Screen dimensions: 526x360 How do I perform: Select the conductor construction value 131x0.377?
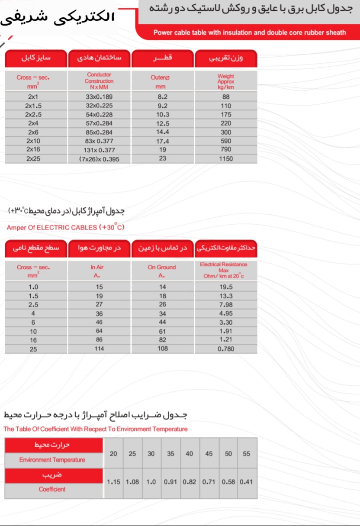tap(99, 150)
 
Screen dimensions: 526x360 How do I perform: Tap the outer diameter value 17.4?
tap(163, 141)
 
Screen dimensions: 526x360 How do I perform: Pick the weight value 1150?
tap(226, 159)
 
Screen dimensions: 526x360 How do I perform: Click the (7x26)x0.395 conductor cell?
tap(99, 159)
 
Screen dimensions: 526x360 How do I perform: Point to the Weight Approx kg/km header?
tap(226, 81)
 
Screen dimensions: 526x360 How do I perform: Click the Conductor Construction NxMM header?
tap(99, 81)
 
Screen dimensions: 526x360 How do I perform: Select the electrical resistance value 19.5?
tap(226, 287)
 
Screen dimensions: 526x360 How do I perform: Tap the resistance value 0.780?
tap(226, 349)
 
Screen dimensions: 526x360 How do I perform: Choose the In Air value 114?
tap(100, 349)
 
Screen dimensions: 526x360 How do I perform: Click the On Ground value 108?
tap(163, 349)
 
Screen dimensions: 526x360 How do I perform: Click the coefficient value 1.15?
tap(114, 481)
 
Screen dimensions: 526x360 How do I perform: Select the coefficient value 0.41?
tap(247, 481)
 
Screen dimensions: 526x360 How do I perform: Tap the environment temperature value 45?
tap(209, 454)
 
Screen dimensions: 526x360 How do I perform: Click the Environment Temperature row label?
tap(52, 460)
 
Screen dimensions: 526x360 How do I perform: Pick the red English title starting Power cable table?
tap(250, 32)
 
